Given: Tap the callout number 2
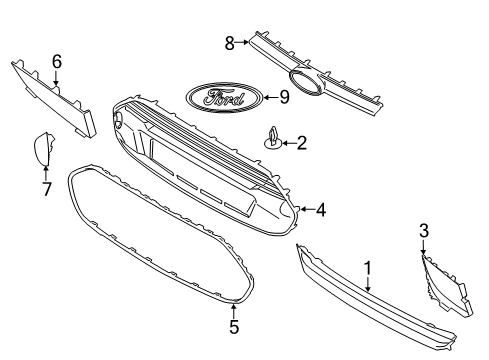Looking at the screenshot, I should (x=301, y=144).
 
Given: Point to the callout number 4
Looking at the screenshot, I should (x=320, y=210).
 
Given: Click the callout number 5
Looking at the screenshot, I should (x=233, y=326).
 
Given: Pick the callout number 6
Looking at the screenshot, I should (x=56, y=62).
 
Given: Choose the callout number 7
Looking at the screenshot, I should (x=46, y=187).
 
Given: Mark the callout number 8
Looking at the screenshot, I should (x=229, y=42).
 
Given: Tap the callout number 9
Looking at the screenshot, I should (x=284, y=98).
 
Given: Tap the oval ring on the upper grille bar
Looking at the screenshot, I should (x=305, y=84).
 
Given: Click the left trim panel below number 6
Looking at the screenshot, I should (x=55, y=96).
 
